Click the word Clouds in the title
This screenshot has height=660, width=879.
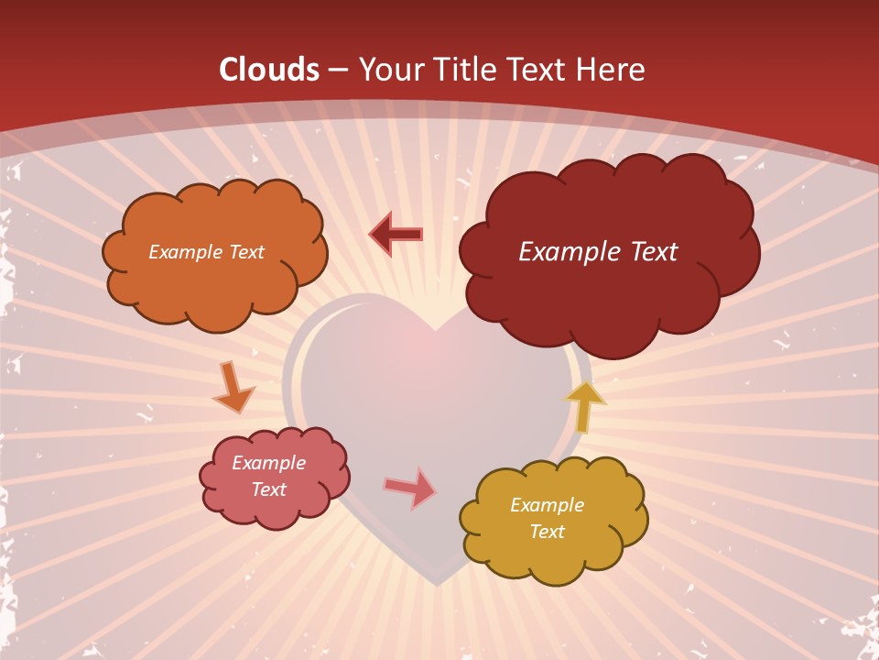[269, 70]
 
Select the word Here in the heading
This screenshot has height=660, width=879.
[612, 70]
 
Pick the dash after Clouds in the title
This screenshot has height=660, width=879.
[337, 71]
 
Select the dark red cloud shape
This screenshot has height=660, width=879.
[604, 293]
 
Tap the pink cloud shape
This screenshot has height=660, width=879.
[275, 509]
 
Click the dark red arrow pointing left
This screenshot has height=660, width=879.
[396, 235]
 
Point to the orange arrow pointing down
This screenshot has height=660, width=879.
[233, 388]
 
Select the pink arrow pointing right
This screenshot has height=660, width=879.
[410, 488]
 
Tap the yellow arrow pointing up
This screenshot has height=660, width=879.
[585, 406]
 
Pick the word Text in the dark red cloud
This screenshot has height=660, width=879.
[650, 252]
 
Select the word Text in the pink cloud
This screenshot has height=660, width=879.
[269, 489]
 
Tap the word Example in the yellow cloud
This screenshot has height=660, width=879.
[547, 505]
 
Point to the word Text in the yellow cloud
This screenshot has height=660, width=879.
[547, 532]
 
